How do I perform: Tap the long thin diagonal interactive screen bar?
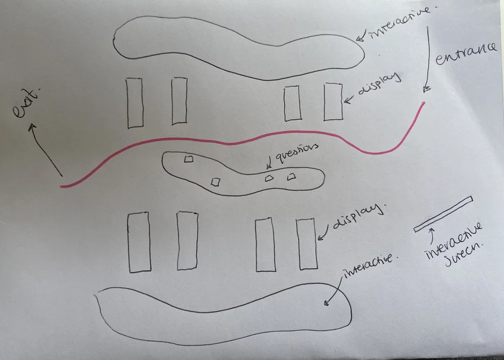click(444, 214)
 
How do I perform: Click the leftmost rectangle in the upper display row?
click(135, 103)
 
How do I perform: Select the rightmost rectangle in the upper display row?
click(333, 102)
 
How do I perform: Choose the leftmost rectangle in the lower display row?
click(139, 243)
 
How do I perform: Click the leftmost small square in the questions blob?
click(188, 159)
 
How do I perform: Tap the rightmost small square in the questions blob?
click(291, 176)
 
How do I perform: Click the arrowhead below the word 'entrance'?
click(426, 90)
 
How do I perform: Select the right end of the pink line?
click(423, 103)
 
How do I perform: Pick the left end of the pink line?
click(61, 187)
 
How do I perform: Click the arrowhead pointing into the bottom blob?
click(326, 304)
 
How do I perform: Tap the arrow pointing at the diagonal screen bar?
click(431, 233)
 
